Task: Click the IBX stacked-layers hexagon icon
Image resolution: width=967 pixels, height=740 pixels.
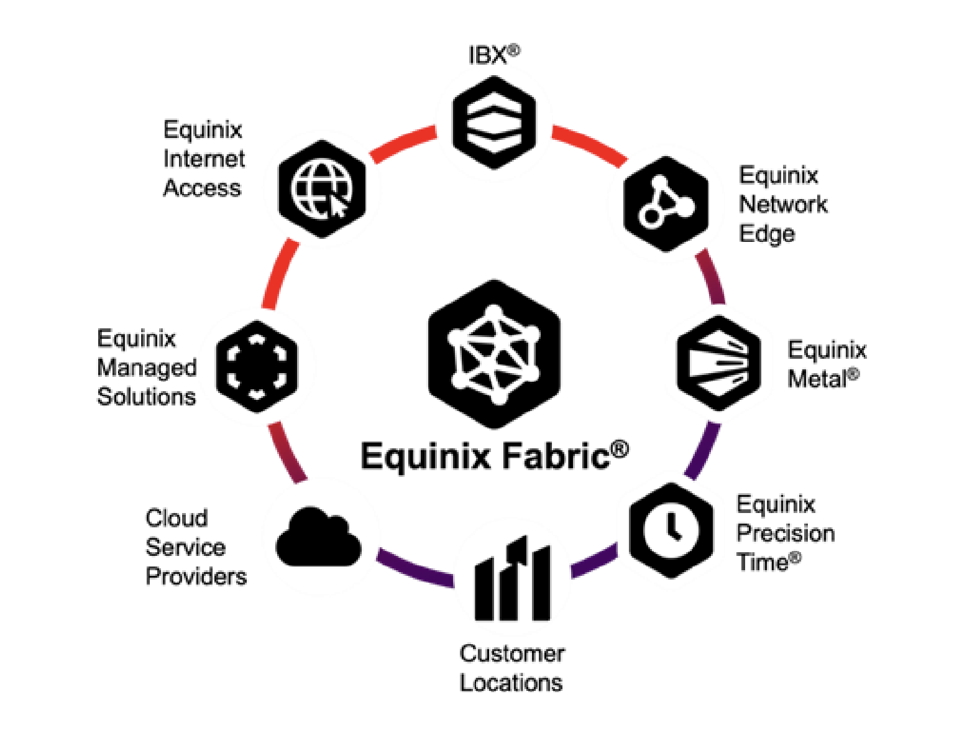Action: pyautogui.click(x=494, y=123)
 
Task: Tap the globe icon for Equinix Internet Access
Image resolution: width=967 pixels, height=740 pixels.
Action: pyautogui.click(x=321, y=188)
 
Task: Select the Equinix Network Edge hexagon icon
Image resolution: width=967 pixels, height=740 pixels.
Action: pyautogui.click(x=666, y=204)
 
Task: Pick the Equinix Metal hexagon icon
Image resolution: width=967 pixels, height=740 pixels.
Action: pyautogui.click(x=719, y=363)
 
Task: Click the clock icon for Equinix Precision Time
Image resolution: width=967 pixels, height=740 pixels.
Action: pyautogui.click(x=671, y=530)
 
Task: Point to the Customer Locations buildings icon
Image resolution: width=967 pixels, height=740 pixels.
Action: pyautogui.click(x=512, y=579)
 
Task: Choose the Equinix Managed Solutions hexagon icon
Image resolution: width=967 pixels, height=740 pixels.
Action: pyautogui.click(x=257, y=366)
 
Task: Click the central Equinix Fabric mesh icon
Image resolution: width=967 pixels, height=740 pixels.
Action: pyautogui.click(x=494, y=354)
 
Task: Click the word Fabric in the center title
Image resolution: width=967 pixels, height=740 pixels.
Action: pyautogui.click(x=556, y=456)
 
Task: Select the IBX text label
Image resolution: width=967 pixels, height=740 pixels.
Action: pyautogui.click(x=488, y=55)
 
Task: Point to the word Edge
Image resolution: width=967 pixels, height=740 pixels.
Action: pyautogui.click(x=767, y=234)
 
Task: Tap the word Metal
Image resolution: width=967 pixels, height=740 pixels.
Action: pyautogui.click(x=817, y=379)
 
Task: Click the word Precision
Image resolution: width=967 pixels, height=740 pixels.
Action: pyautogui.click(x=786, y=534)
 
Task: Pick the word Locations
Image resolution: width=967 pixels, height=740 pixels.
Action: pyautogui.click(x=511, y=683)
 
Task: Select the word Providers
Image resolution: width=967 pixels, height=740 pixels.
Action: pyautogui.click(x=196, y=576)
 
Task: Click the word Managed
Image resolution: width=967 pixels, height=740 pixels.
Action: pyautogui.click(x=147, y=368)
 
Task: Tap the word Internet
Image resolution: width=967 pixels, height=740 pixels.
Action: pyautogui.click(x=204, y=159)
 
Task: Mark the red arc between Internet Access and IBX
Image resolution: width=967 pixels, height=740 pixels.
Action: pyautogui.click(x=403, y=144)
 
